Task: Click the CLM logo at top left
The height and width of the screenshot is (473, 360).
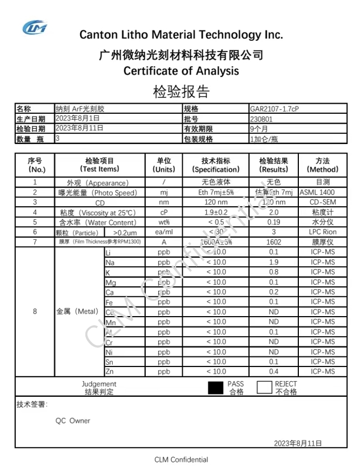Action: click(x=35, y=27)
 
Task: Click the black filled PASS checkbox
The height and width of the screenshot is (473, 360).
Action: click(x=216, y=388)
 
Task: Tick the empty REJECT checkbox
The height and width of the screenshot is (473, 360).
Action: click(x=264, y=388)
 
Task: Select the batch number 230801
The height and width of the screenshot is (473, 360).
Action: click(x=261, y=119)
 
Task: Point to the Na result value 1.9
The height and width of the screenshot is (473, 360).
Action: click(x=273, y=262)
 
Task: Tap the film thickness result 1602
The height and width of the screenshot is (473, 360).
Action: click(x=273, y=242)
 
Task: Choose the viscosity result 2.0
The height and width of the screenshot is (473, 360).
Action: click(x=274, y=212)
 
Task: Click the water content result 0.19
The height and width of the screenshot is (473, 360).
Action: click(x=273, y=222)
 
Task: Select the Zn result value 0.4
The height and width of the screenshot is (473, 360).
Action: click(x=273, y=372)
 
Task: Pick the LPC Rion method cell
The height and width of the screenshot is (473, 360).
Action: click(x=322, y=232)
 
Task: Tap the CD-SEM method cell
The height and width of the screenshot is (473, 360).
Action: click(x=322, y=202)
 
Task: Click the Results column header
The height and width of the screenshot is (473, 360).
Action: click(x=274, y=165)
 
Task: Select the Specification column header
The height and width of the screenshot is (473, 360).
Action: click(x=216, y=165)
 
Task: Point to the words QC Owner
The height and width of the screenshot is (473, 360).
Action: click(x=72, y=420)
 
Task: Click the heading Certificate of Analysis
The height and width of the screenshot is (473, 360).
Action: click(x=181, y=71)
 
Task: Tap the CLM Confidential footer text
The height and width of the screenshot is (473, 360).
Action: click(x=181, y=460)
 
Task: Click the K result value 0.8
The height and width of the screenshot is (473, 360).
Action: click(x=273, y=272)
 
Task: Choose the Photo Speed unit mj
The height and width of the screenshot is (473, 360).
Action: click(x=164, y=192)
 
